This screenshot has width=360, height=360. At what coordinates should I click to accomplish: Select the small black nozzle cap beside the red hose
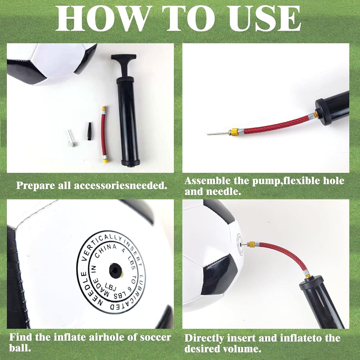pos(90,131)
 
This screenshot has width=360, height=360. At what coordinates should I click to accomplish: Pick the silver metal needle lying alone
pos(72,138)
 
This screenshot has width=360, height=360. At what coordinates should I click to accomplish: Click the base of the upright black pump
pos(130,162)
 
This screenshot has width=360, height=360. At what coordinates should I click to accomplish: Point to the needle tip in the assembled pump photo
pos(208,134)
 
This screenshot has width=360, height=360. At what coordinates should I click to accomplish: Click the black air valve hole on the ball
pos(115,270)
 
